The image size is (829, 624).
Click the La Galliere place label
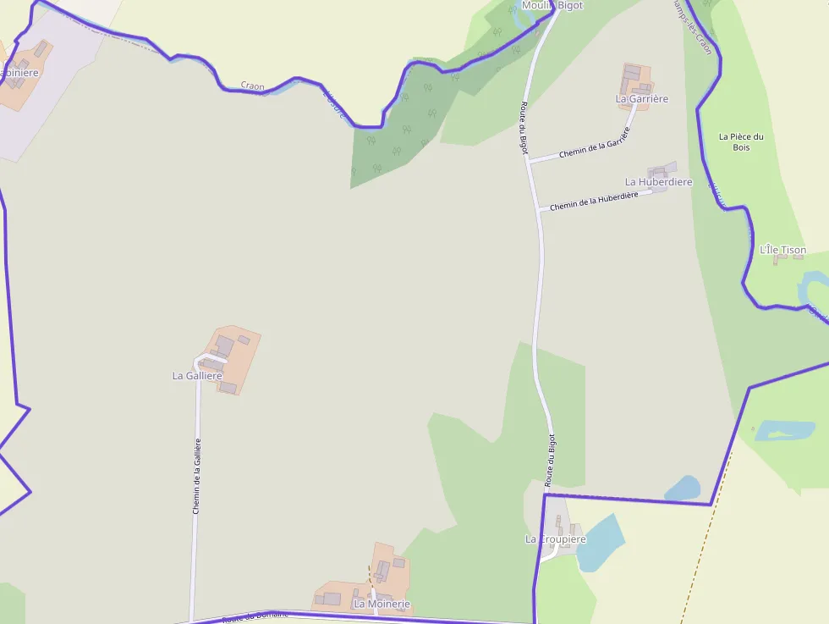click(197, 375)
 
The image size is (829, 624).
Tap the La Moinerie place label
click(382, 604)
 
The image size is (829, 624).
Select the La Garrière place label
click(642, 99)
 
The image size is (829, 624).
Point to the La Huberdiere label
click(658, 182)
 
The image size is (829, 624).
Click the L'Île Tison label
click(782, 250)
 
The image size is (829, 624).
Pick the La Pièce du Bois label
click(741, 141)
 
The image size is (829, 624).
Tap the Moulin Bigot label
click(552, 6)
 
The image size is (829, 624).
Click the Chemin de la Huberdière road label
click(594, 202)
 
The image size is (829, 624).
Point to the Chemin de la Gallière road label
click(197, 476)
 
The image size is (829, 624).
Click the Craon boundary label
click(252, 86)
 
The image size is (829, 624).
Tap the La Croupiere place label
click(556, 539)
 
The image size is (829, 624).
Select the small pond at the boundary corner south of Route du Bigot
click(683, 489)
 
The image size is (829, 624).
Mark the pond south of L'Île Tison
click(784, 430)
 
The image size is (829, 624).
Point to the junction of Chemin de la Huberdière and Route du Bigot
click(540, 209)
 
